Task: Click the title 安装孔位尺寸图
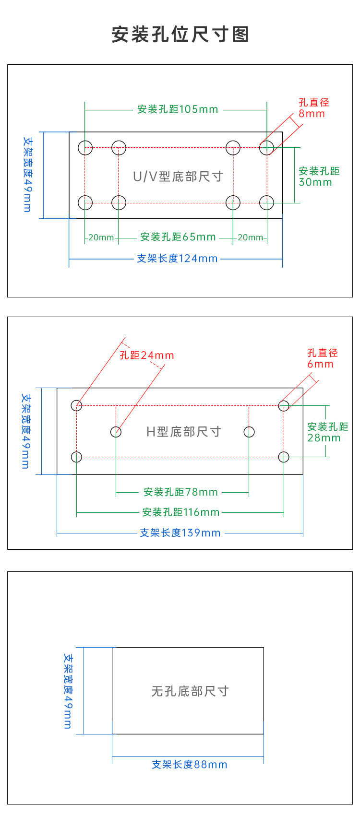[x=180, y=35]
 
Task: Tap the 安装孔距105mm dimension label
[x=178, y=109]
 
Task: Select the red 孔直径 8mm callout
[x=314, y=108]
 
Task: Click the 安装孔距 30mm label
[x=319, y=177]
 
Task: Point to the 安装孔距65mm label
[x=178, y=237]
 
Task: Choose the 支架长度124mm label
[x=177, y=259]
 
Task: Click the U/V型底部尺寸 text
[x=178, y=177]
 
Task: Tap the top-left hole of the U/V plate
[x=85, y=147]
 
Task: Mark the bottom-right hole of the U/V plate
[x=266, y=202]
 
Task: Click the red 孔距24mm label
[x=146, y=355]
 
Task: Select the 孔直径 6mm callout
[x=323, y=358]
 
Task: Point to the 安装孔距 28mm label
[x=327, y=432]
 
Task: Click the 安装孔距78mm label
[x=180, y=492]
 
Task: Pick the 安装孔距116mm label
[x=180, y=512]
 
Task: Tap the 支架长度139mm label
[x=180, y=533]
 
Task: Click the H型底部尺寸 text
[x=183, y=432]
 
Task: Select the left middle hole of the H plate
[x=116, y=432]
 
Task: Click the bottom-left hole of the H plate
[x=76, y=457]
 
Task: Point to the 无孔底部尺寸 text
[x=190, y=691]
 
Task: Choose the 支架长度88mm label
[x=190, y=765]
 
